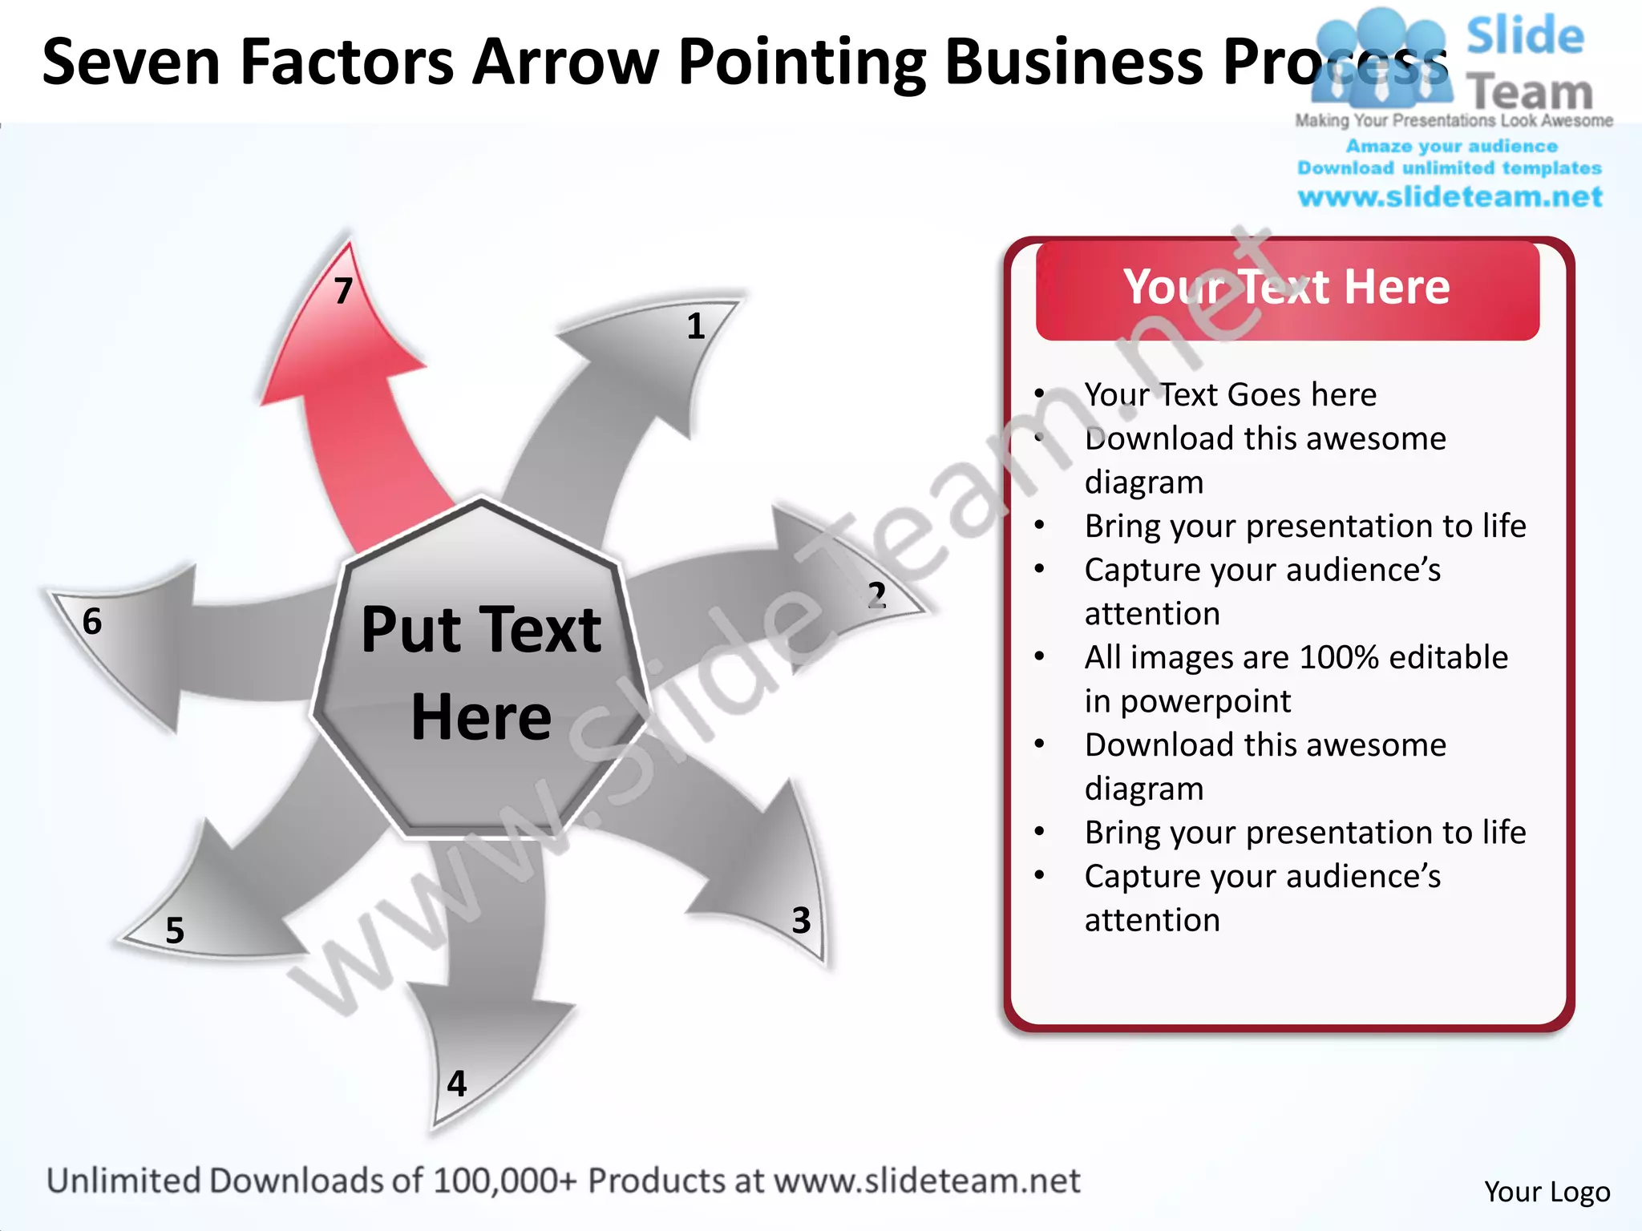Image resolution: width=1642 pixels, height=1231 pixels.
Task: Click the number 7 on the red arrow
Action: tap(343, 291)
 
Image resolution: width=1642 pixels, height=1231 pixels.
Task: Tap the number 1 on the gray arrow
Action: tap(695, 326)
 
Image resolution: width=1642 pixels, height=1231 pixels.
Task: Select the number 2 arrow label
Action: tap(876, 595)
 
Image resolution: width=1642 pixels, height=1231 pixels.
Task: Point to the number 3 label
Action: tap(801, 920)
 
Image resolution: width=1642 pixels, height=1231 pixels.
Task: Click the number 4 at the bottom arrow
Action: tap(456, 1084)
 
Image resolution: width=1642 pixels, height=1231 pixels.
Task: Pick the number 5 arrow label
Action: tap(175, 930)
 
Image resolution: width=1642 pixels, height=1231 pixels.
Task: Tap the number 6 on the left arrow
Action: tap(92, 621)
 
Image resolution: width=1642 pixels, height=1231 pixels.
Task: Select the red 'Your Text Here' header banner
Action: tap(1287, 289)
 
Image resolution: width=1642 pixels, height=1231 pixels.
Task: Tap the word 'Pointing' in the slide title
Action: tap(802, 63)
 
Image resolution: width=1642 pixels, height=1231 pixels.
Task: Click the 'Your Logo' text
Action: tap(1547, 1192)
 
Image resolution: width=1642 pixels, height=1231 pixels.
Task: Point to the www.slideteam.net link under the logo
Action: tap(1450, 196)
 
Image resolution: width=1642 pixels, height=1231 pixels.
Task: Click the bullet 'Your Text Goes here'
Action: tap(1230, 394)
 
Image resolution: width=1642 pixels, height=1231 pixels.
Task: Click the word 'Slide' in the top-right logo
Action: tap(1525, 36)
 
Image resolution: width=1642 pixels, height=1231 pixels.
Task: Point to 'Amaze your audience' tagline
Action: tap(1451, 146)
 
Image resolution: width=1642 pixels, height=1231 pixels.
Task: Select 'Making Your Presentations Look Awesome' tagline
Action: tap(1454, 120)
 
